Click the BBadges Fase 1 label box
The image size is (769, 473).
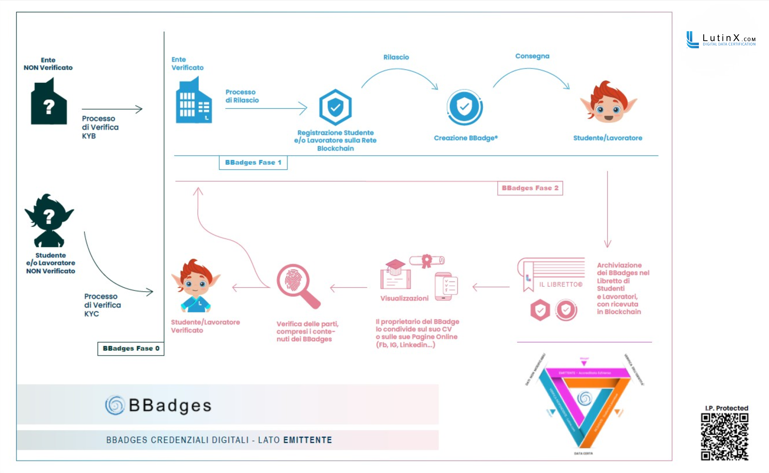253,162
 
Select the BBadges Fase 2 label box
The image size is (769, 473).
530,188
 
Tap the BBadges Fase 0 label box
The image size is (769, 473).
131,348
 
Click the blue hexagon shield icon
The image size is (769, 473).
335,107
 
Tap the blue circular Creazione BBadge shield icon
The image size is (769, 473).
464,107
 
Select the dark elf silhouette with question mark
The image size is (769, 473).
49,220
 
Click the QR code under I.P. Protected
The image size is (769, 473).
724,437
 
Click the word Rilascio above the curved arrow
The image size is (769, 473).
396,57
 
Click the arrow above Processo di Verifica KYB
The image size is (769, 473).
112,109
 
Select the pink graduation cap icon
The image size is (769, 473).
395,266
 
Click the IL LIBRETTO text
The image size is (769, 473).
560,284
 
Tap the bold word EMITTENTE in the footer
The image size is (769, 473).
308,440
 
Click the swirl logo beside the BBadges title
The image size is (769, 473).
115,405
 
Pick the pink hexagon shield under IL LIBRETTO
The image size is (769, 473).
540,310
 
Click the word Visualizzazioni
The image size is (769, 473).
404,299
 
